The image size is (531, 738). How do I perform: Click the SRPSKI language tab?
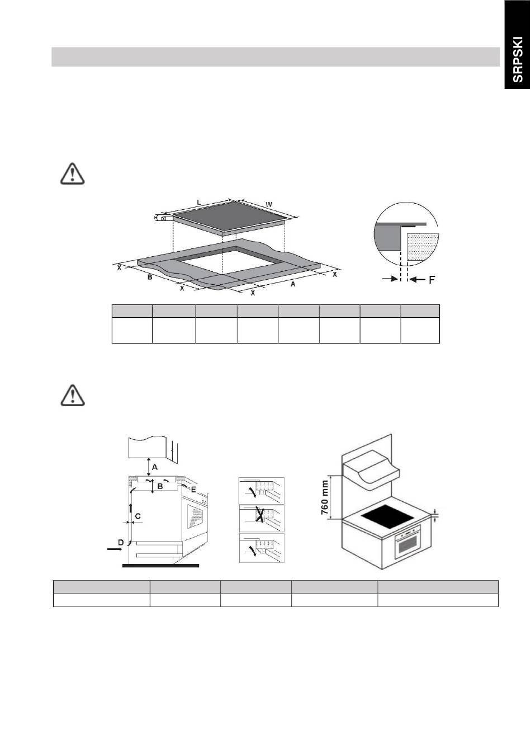(517, 59)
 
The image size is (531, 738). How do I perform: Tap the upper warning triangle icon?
(73, 173)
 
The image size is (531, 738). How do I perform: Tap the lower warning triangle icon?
(73, 395)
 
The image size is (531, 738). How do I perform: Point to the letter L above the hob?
(199, 202)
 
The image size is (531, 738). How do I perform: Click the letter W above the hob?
(269, 204)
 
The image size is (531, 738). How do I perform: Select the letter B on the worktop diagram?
(150, 277)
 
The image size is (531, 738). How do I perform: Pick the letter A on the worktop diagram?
(293, 284)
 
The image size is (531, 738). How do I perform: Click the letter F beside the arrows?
(432, 280)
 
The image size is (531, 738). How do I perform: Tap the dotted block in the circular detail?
(423, 248)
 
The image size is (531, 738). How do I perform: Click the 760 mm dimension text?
(325, 498)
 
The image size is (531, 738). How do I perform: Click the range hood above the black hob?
(371, 471)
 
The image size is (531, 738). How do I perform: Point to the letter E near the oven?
(193, 490)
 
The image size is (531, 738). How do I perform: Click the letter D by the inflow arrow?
(121, 542)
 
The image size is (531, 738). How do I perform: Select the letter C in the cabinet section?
(138, 516)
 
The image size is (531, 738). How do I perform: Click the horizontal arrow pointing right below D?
(115, 549)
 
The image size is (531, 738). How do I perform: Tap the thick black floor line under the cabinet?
(160, 566)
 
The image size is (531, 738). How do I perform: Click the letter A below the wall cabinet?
(154, 467)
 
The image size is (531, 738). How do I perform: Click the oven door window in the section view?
(195, 520)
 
